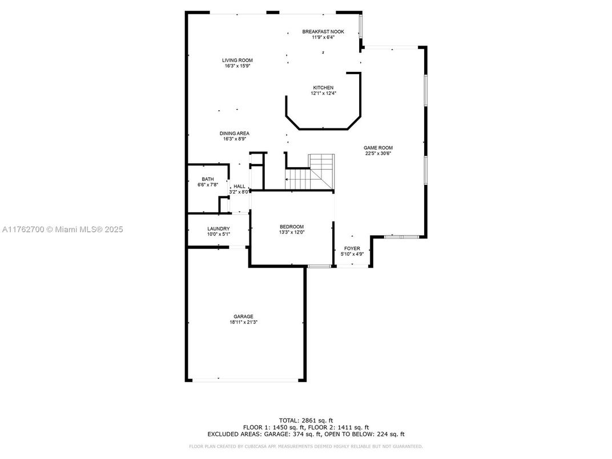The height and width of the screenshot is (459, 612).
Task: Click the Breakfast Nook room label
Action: point(323,32)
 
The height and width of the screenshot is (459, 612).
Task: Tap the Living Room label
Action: point(237,60)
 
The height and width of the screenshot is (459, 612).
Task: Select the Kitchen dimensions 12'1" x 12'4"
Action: point(323,93)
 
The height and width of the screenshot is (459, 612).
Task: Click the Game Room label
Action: point(378,148)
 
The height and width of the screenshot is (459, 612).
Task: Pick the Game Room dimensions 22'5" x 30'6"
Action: point(378,154)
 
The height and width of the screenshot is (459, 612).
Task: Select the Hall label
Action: point(239,186)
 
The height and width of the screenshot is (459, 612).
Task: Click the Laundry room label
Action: point(218,229)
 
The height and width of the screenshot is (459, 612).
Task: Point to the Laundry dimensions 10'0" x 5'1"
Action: point(218,234)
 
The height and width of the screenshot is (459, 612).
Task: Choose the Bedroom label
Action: point(292,227)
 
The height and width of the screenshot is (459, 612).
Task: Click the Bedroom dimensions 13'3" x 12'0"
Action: point(292,232)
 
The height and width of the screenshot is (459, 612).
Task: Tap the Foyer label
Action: point(352,248)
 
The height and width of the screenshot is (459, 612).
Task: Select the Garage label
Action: point(243,317)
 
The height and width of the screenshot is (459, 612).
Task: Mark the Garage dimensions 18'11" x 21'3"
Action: point(243,323)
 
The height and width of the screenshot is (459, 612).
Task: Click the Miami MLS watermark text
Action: point(63,230)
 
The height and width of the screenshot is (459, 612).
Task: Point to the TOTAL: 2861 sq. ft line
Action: point(306,420)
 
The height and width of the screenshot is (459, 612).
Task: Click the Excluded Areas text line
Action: point(306,434)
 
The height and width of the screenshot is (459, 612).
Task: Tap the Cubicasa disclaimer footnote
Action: point(306,446)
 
